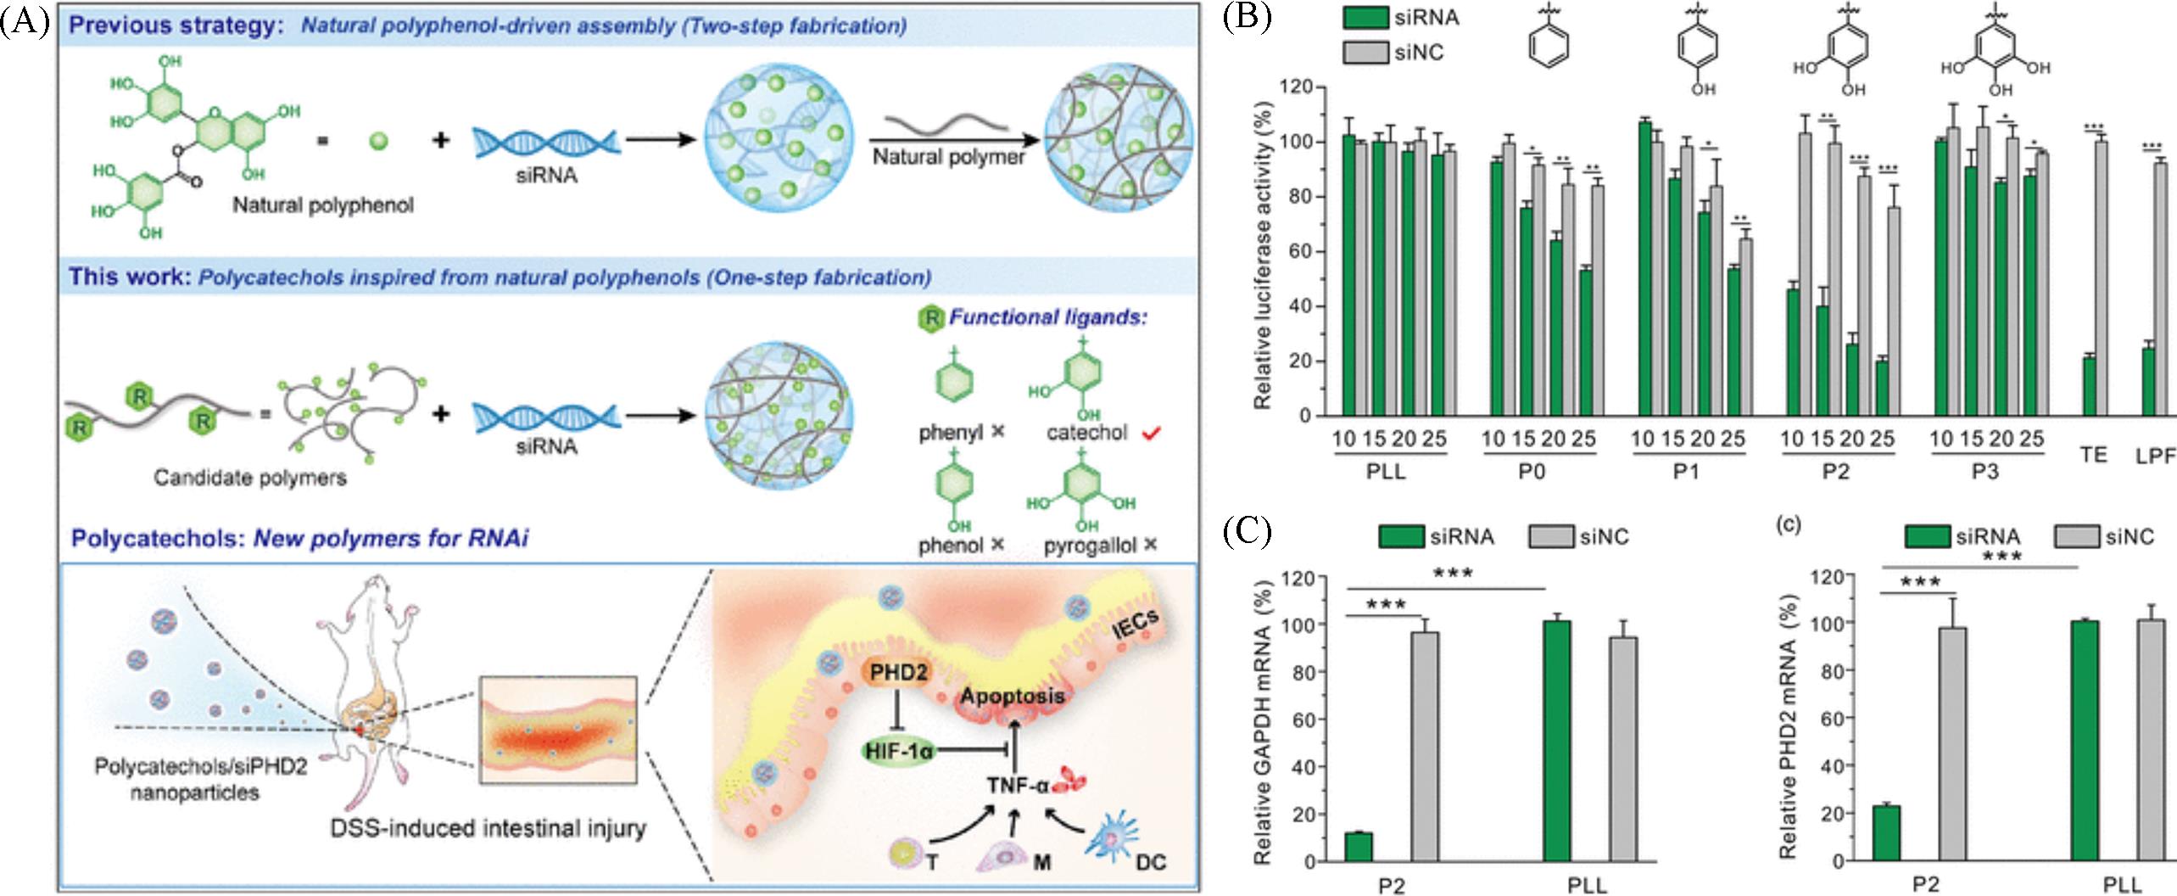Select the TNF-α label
[1016, 786]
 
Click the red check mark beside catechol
[1150, 434]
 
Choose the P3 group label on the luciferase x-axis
[1984, 473]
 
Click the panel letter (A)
[25, 20]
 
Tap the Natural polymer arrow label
[948, 157]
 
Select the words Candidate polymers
[250, 478]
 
